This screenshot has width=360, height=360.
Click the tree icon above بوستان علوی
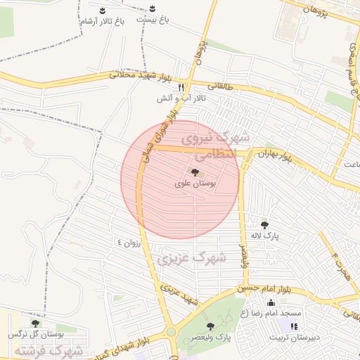[x=195, y=172]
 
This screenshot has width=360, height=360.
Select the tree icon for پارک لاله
[x=264, y=225]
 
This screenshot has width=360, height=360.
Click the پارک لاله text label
[x=267, y=236]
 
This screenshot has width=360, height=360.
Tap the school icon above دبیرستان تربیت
[x=294, y=326]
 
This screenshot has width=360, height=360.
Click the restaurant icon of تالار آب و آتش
[x=181, y=86]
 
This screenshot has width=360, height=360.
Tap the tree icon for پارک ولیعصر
[x=210, y=326]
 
